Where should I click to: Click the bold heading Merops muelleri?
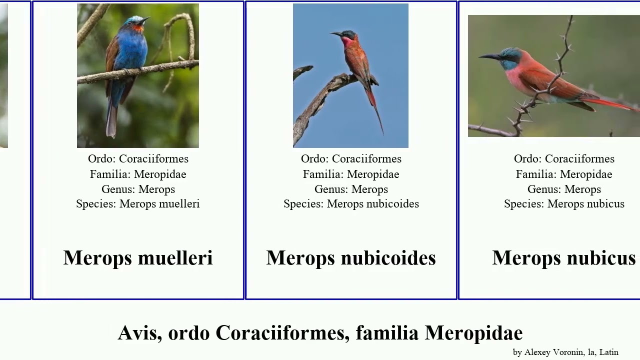138,258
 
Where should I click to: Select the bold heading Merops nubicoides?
351,258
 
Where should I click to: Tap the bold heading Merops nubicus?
564,258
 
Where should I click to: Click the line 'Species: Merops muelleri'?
138,204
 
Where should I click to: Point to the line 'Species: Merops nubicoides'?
351,204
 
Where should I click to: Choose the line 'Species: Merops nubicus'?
564,204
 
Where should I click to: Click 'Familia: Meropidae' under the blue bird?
138,174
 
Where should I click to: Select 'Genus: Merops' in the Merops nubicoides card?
351,189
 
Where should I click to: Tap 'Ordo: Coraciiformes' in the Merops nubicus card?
564,159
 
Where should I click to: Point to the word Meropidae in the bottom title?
473,333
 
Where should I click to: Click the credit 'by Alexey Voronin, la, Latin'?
565,352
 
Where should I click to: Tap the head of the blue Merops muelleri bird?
135,22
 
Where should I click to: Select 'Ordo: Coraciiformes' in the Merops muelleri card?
138,159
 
